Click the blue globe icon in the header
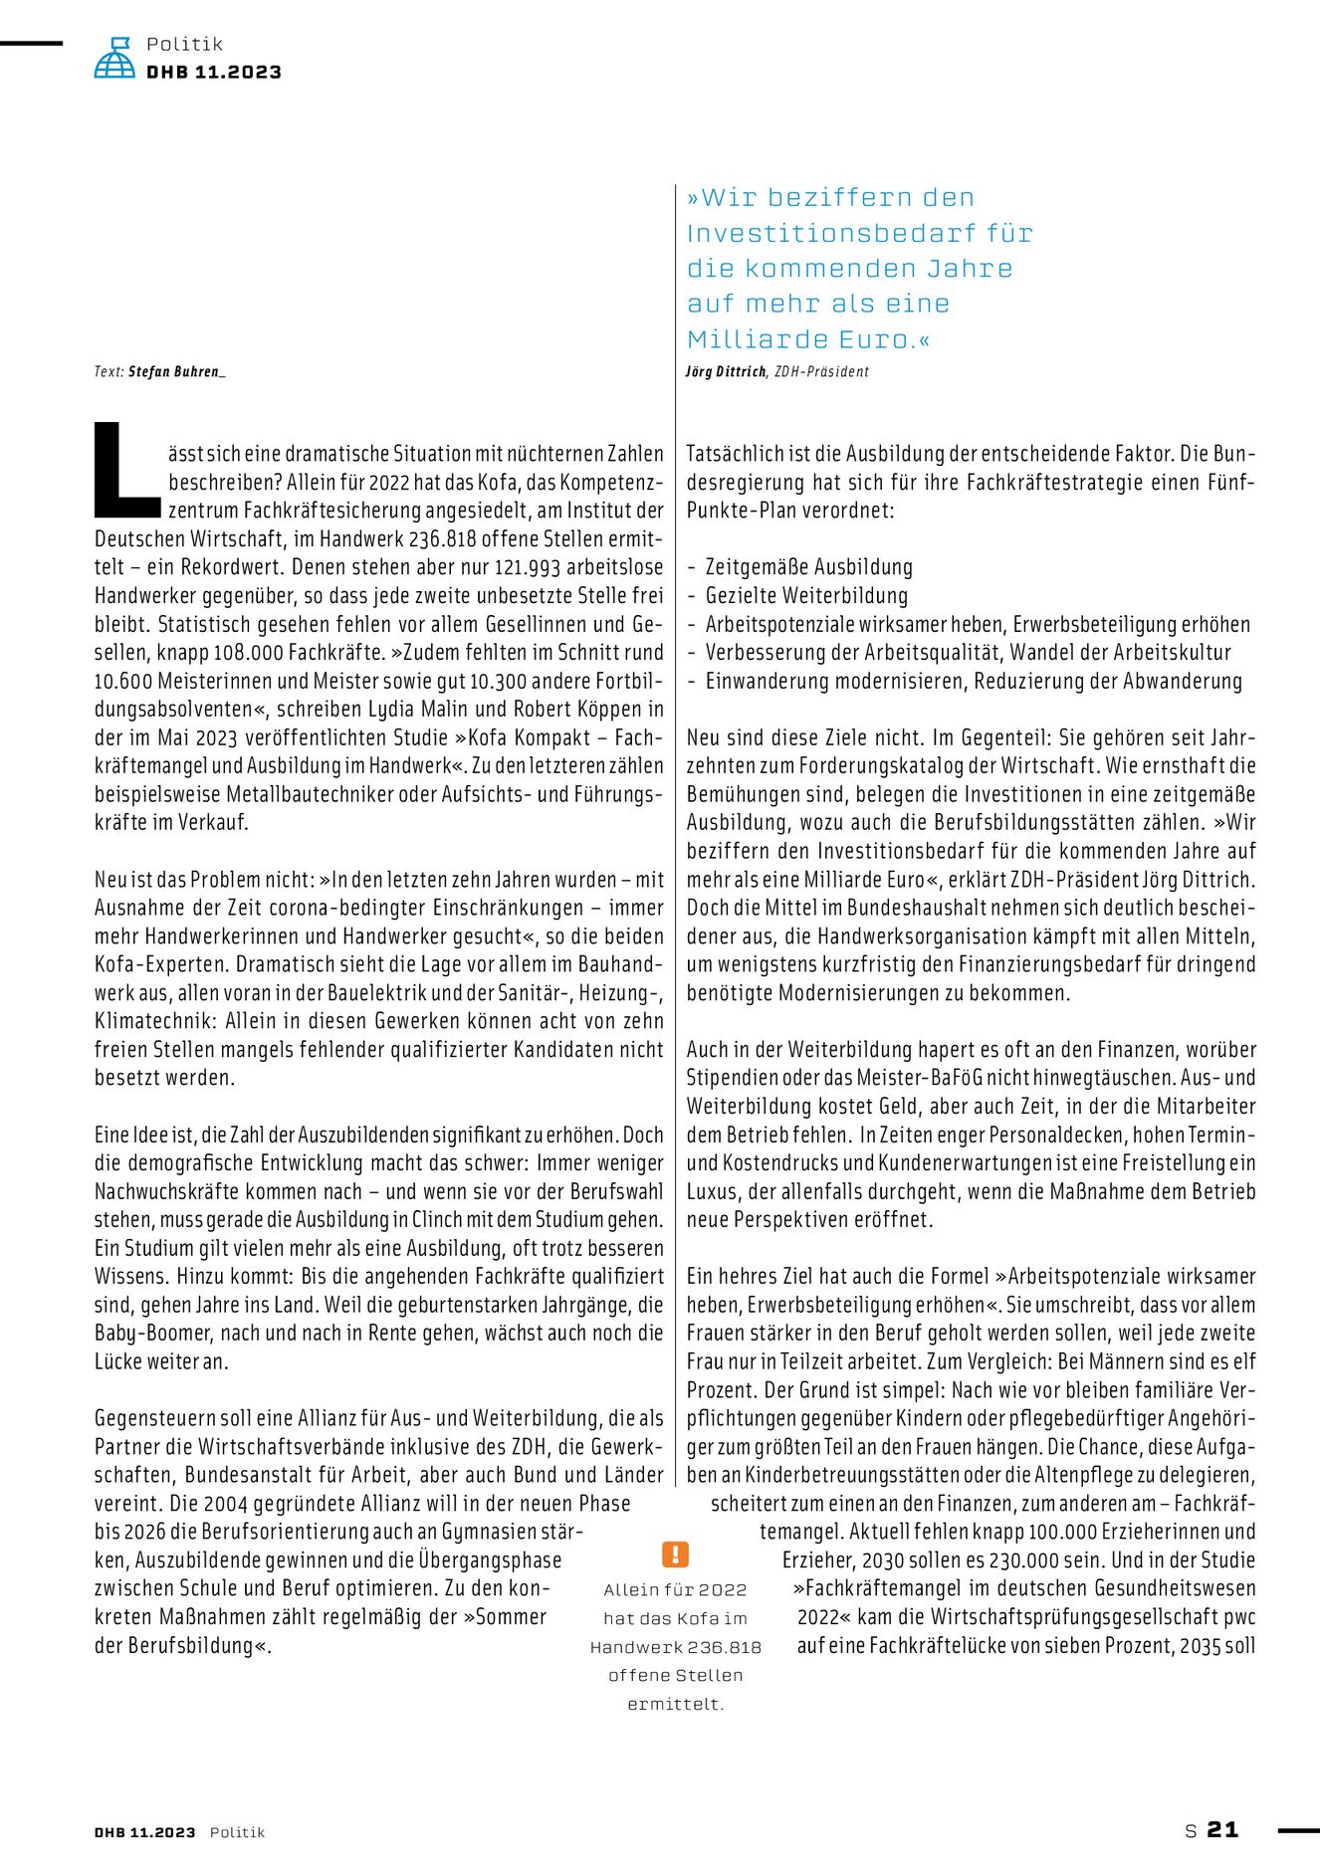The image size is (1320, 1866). pyautogui.click(x=114, y=58)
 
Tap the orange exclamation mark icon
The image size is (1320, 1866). pyautogui.click(x=675, y=1555)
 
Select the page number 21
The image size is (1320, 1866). pyautogui.click(x=1222, y=1830)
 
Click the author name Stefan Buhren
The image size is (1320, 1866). pyautogui.click(x=174, y=372)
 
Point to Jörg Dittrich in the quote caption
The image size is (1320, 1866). pyautogui.click(x=726, y=372)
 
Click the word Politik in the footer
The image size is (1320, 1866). pyautogui.click(x=237, y=1832)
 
